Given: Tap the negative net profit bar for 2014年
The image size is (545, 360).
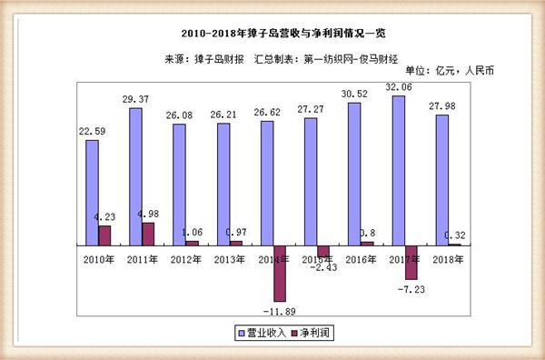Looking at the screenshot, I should [280, 273].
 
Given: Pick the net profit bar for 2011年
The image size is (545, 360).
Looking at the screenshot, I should [148, 234].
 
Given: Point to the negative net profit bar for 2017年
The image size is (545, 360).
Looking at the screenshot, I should [411, 262].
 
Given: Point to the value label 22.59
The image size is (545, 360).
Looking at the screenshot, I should [91, 130].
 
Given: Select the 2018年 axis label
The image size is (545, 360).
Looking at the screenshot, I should [446, 259].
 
